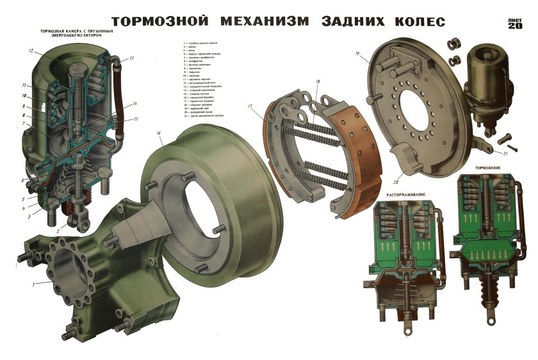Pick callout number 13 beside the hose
131,58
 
